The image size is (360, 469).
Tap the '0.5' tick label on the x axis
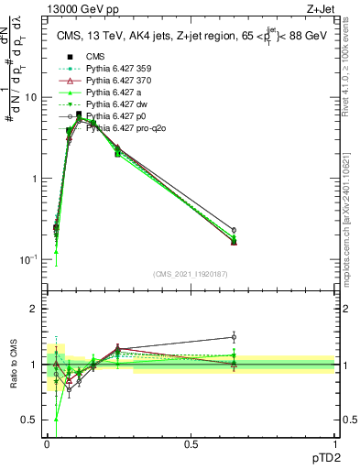click(x=191, y=443)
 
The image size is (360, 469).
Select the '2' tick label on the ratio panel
click(x=35, y=309)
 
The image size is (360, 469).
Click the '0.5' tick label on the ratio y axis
click(x=30, y=420)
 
